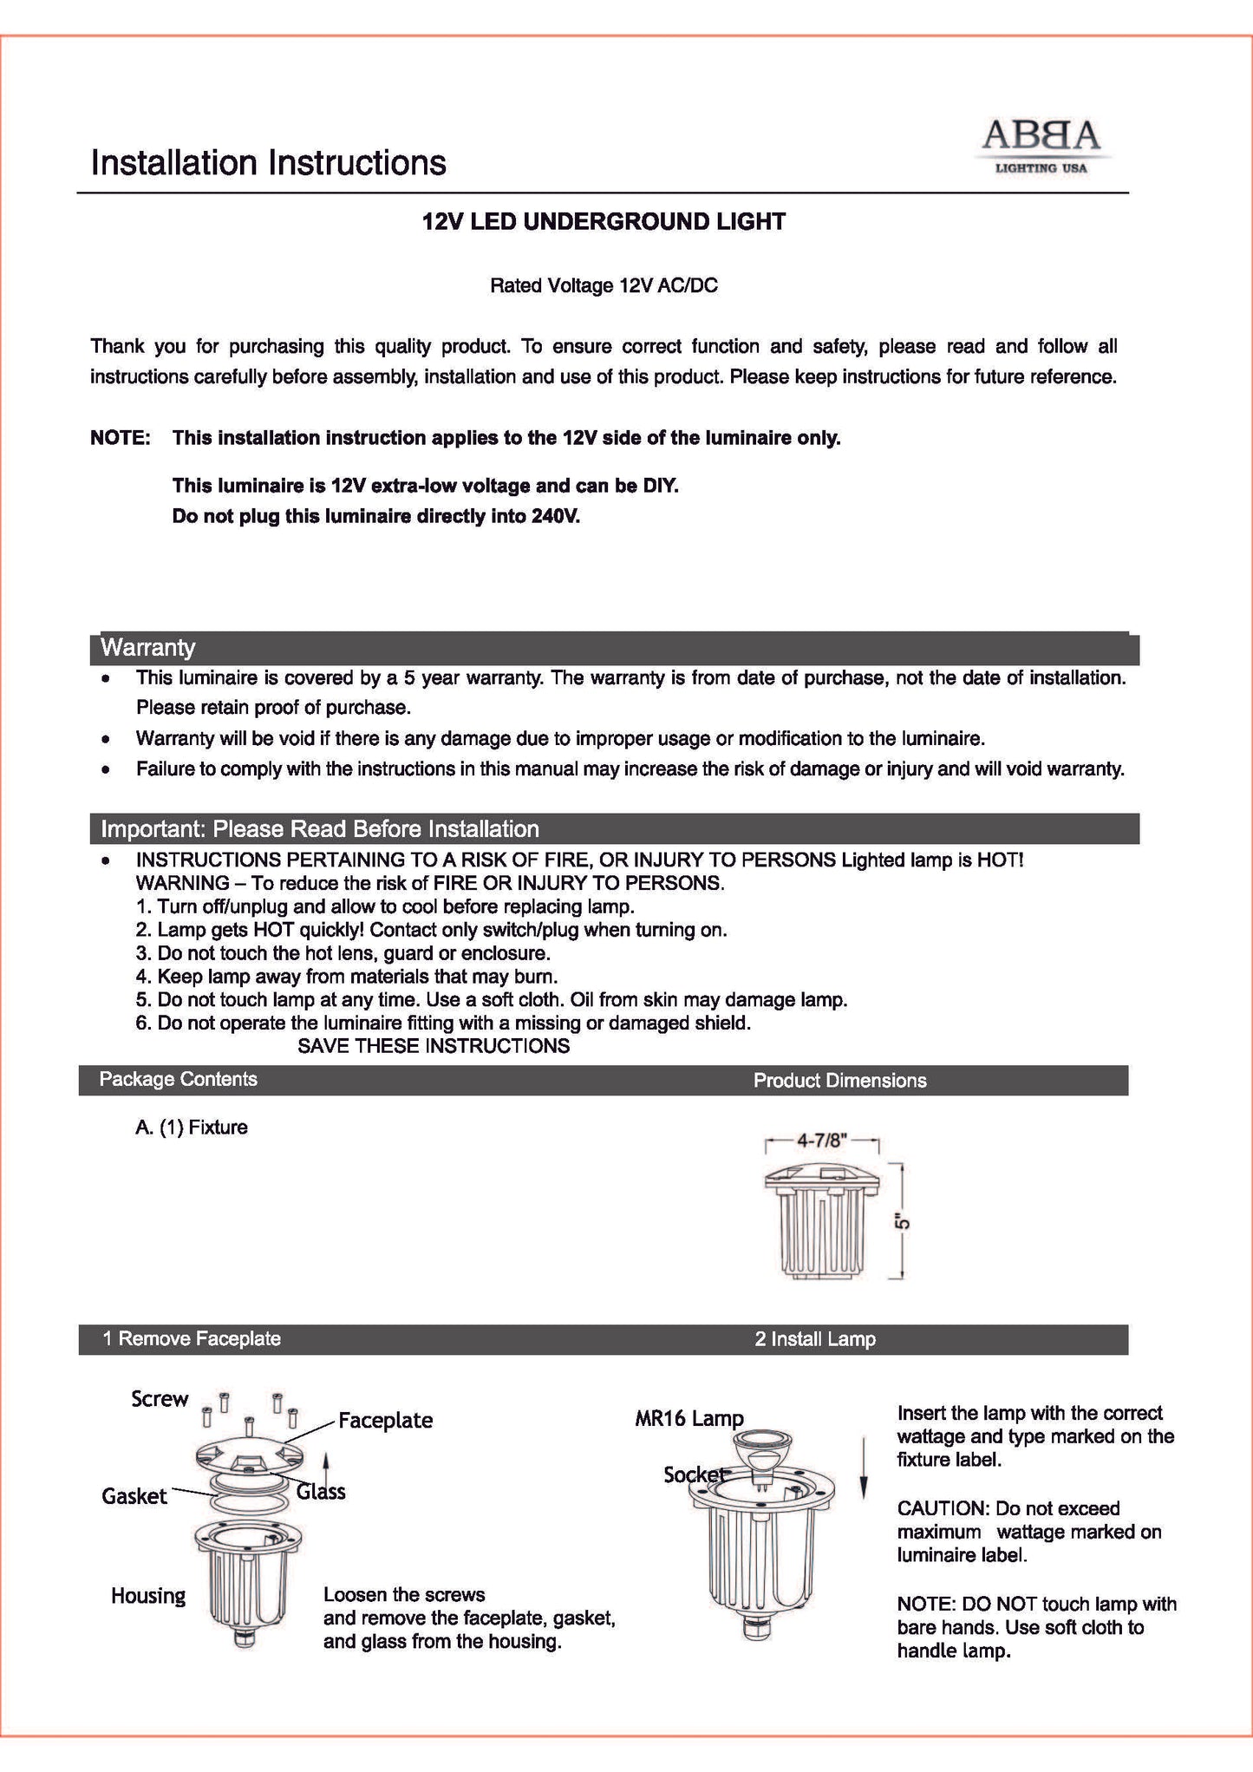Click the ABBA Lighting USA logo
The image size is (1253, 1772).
(x=1041, y=145)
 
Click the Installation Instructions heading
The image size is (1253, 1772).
(x=269, y=162)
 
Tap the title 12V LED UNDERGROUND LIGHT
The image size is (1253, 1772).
(x=604, y=221)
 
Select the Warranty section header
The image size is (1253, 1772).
(x=148, y=647)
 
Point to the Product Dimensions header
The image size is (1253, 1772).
(x=839, y=1080)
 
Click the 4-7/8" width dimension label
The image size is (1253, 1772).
(x=822, y=1140)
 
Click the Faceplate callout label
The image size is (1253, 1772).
(x=385, y=1421)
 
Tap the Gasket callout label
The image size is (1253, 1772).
(x=134, y=1495)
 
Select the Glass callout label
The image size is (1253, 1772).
(x=321, y=1491)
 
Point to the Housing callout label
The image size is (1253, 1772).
(x=148, y=1596)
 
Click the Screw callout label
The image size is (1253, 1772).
(x=160, y=1399)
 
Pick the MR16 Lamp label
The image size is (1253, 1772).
(x=689, y=1418)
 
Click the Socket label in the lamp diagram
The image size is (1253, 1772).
(x=694, y=1474)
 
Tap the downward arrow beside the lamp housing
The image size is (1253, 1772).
(x=864, y=1466)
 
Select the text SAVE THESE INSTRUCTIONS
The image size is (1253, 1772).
(x=434, y=1046)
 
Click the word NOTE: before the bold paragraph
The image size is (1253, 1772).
(x=121, y=438)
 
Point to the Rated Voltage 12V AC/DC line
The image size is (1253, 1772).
(x=604, y=285)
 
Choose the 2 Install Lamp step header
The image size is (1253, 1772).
(x=815, y=1339)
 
